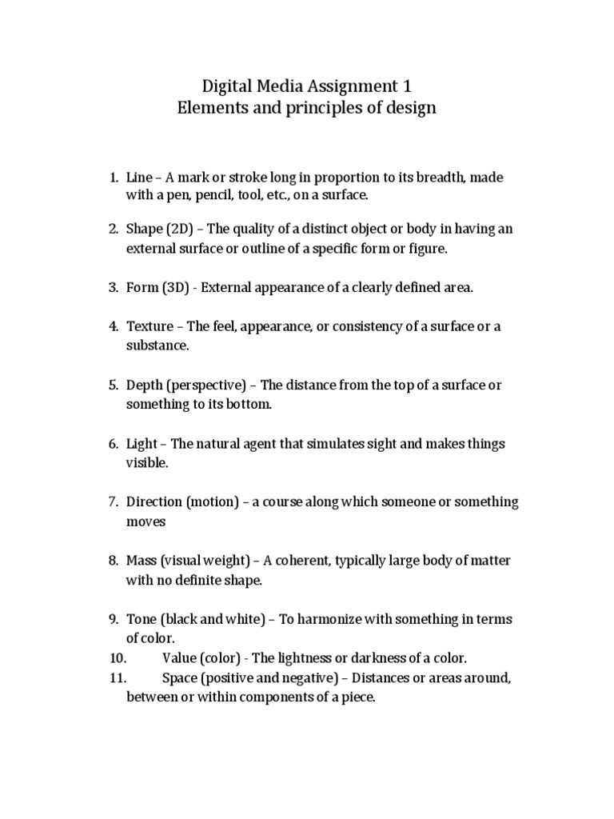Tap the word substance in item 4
(x=156, y=346)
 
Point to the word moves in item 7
(x=146, y=521)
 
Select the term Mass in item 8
(x=142, y=561)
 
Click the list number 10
(x=118, y=658)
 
